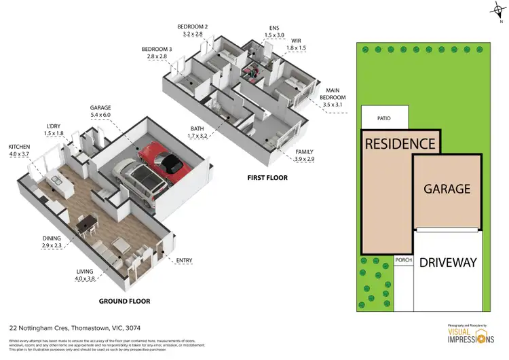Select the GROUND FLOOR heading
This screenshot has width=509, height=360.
(x=125, y=301)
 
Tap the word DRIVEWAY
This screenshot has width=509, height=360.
(x=447, y=262)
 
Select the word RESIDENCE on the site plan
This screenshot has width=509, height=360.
(x=400, y=143)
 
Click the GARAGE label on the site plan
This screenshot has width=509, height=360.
(x=447, y=189)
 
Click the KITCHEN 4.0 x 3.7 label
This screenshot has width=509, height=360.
(x=20, y=150)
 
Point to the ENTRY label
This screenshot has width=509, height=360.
(x=184, y=261)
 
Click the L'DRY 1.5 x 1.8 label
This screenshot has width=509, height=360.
(x=54, y=130)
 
